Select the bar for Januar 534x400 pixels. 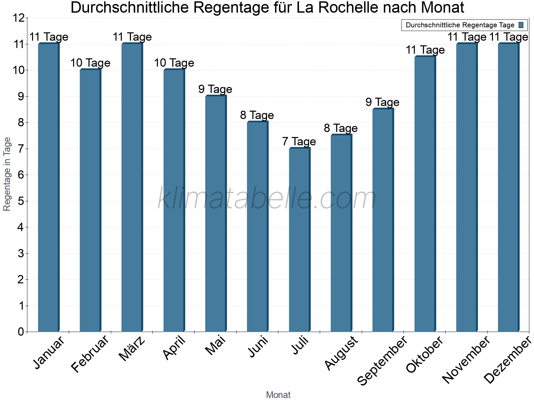point(48,187)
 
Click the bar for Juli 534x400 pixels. point(299,240)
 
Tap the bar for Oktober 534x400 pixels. point(425,194)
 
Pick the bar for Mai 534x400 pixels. point(216,214)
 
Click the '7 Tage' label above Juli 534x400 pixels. point(299,142)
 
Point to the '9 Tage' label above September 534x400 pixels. point(382,102)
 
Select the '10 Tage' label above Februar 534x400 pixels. point(90,63)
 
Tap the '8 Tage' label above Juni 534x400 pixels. point(257,115)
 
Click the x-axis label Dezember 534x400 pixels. point(508,360)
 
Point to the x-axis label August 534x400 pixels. point(341,353)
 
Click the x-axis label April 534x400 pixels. point(174,348)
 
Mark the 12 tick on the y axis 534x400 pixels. point(18,18)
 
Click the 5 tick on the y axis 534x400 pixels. point(21,201)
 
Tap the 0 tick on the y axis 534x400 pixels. point(21,332)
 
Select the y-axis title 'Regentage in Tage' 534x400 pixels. point(7,174)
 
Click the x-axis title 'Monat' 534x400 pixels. point(278,395)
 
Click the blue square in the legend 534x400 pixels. point(521,25)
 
